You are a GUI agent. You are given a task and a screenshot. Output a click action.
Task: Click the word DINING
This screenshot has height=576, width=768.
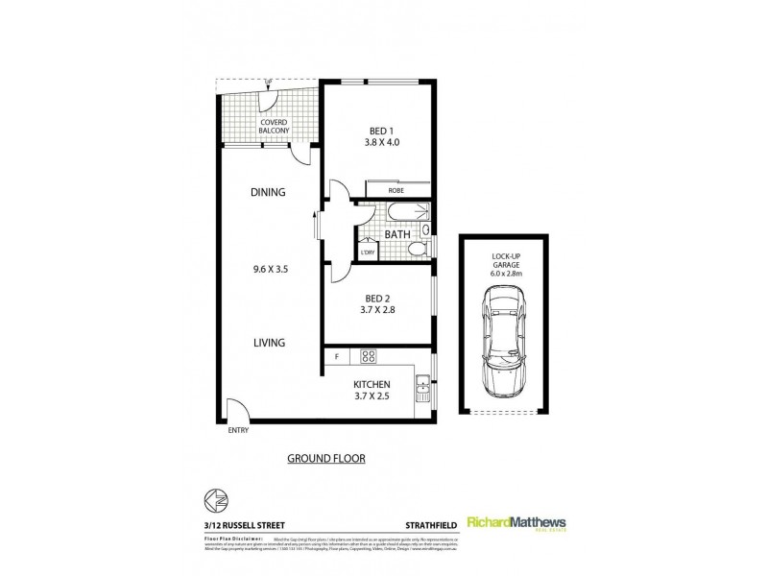point(269,192)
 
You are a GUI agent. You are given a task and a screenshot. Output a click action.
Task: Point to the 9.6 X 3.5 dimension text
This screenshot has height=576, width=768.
point(269,270)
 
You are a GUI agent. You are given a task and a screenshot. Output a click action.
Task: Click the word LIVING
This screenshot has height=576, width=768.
point(269,341)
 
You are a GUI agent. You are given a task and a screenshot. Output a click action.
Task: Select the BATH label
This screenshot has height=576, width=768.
point(397,233)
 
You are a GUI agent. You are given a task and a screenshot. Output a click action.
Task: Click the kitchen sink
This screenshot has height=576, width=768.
point(421,389)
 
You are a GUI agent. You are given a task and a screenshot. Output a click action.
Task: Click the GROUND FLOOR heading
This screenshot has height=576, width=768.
point(326,458)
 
